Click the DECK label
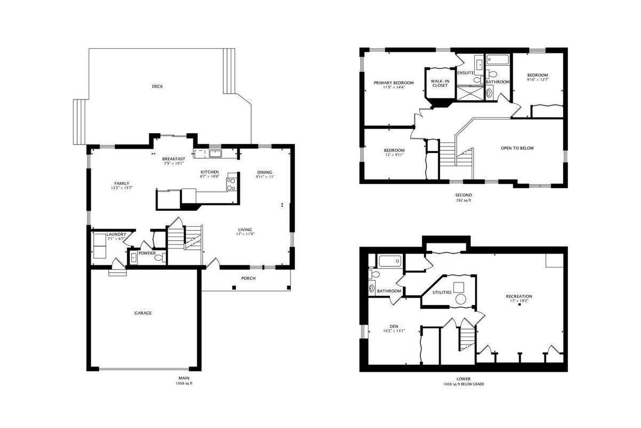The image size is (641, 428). (x=158, y=86)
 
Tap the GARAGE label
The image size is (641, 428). (x=143, y=313)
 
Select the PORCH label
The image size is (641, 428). (x=248, y=278)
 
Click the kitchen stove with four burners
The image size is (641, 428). (x=231, y=184)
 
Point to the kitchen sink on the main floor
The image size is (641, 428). (x=215, y=154)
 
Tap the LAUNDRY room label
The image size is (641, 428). (x=116, y=234)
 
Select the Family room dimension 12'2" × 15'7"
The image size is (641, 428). (x=122, y=188)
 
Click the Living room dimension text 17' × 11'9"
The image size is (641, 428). (x=245, y=234)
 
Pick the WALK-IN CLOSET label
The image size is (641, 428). (x=440, y=83)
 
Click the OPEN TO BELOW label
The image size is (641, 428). (x=518, y=148)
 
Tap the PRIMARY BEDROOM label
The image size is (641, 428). (x=394, y=83)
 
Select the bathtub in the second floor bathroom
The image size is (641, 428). (x=498, y=59)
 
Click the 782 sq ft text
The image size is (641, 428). (x=463, y=201)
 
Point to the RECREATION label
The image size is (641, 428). (x=519, y=296)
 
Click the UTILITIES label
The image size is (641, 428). (x=442, y=293)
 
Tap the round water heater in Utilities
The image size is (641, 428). (x=460, y=299)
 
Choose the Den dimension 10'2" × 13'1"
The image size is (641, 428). (x=394, y=331)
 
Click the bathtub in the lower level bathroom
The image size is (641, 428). (x=390, y=261)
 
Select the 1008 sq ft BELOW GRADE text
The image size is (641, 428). (x=464, y=384)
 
